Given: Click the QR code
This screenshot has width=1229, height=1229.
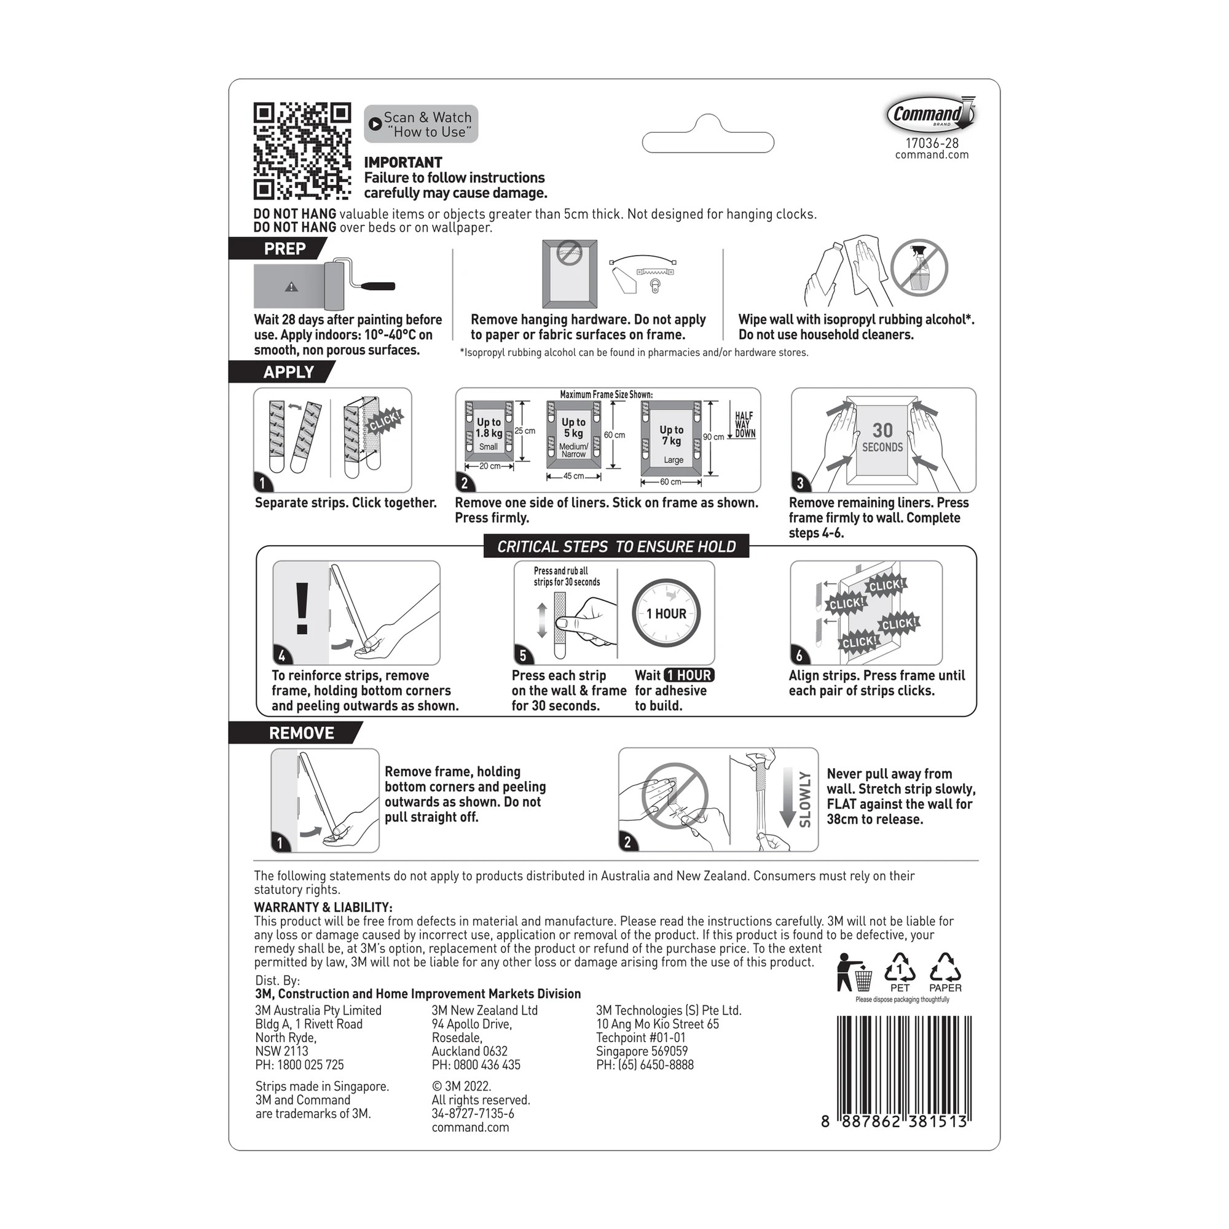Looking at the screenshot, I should (x=302, y=151).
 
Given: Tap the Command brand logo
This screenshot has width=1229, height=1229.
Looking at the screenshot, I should (x=930, y=114).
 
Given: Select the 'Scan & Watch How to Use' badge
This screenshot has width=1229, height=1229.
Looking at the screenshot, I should (x=421, y=124).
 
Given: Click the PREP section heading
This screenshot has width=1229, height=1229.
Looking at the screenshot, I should (x=285, y=249).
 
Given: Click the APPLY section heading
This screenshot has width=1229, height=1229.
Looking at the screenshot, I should (x=288, y=372).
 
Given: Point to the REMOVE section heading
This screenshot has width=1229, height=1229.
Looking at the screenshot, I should (x=301, y=733).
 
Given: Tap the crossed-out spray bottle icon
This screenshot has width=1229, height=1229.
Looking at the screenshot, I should (x=919, y=269).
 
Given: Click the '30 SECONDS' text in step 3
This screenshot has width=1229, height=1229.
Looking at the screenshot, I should (x=882, y=438).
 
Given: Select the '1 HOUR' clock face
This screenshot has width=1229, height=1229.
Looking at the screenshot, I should (x=666, y=613).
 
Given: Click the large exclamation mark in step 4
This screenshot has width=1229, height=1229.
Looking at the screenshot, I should (x=302, y=609).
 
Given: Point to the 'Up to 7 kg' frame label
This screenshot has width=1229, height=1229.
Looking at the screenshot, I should (x=671, y=435).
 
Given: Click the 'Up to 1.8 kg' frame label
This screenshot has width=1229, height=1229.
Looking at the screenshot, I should (x=489, y=428).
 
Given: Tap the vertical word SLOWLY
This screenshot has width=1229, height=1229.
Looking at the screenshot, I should (x=805, y=799).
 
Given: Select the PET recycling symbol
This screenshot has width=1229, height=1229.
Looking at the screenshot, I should (x=900, y=973).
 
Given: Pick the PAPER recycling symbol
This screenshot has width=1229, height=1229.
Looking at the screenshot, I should (x=944, y=973).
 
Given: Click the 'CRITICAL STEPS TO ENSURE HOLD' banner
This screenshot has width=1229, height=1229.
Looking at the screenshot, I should (x=616, y=546).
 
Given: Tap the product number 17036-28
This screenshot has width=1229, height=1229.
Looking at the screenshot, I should (x=932, y=144).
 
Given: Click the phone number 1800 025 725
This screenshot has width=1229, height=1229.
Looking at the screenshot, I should (x=310, y=1065).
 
